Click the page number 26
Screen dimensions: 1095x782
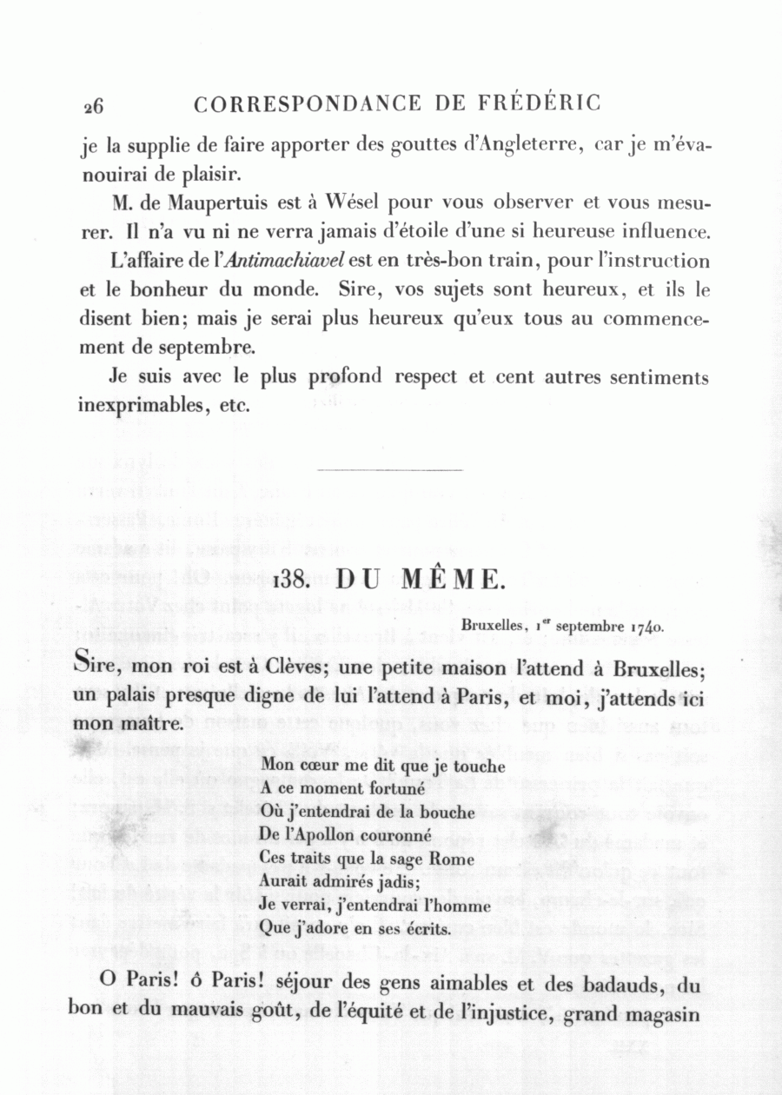pyautogui.click(x=93, y=106)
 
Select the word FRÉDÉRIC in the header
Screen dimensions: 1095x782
pyautogui.click(x=540, y=103)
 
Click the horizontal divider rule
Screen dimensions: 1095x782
pyautogui.click(x=390, y=470)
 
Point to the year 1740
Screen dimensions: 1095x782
pyautogui.click(x=649, y=625)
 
